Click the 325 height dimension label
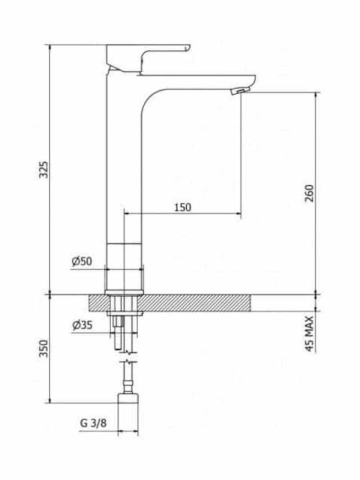(x=45, y=169)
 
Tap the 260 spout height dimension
(x=309, y=193)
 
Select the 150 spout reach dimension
(x=183, y=207)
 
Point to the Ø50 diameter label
(x=82, y=261)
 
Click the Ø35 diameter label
(x=82, y=325)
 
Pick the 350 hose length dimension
(x=45, y=349)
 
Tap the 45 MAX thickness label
(x=309, y=334)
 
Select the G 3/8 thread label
(x=93, y=423)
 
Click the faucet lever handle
(x=148, y=58)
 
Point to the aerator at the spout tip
(x=241, y=90)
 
